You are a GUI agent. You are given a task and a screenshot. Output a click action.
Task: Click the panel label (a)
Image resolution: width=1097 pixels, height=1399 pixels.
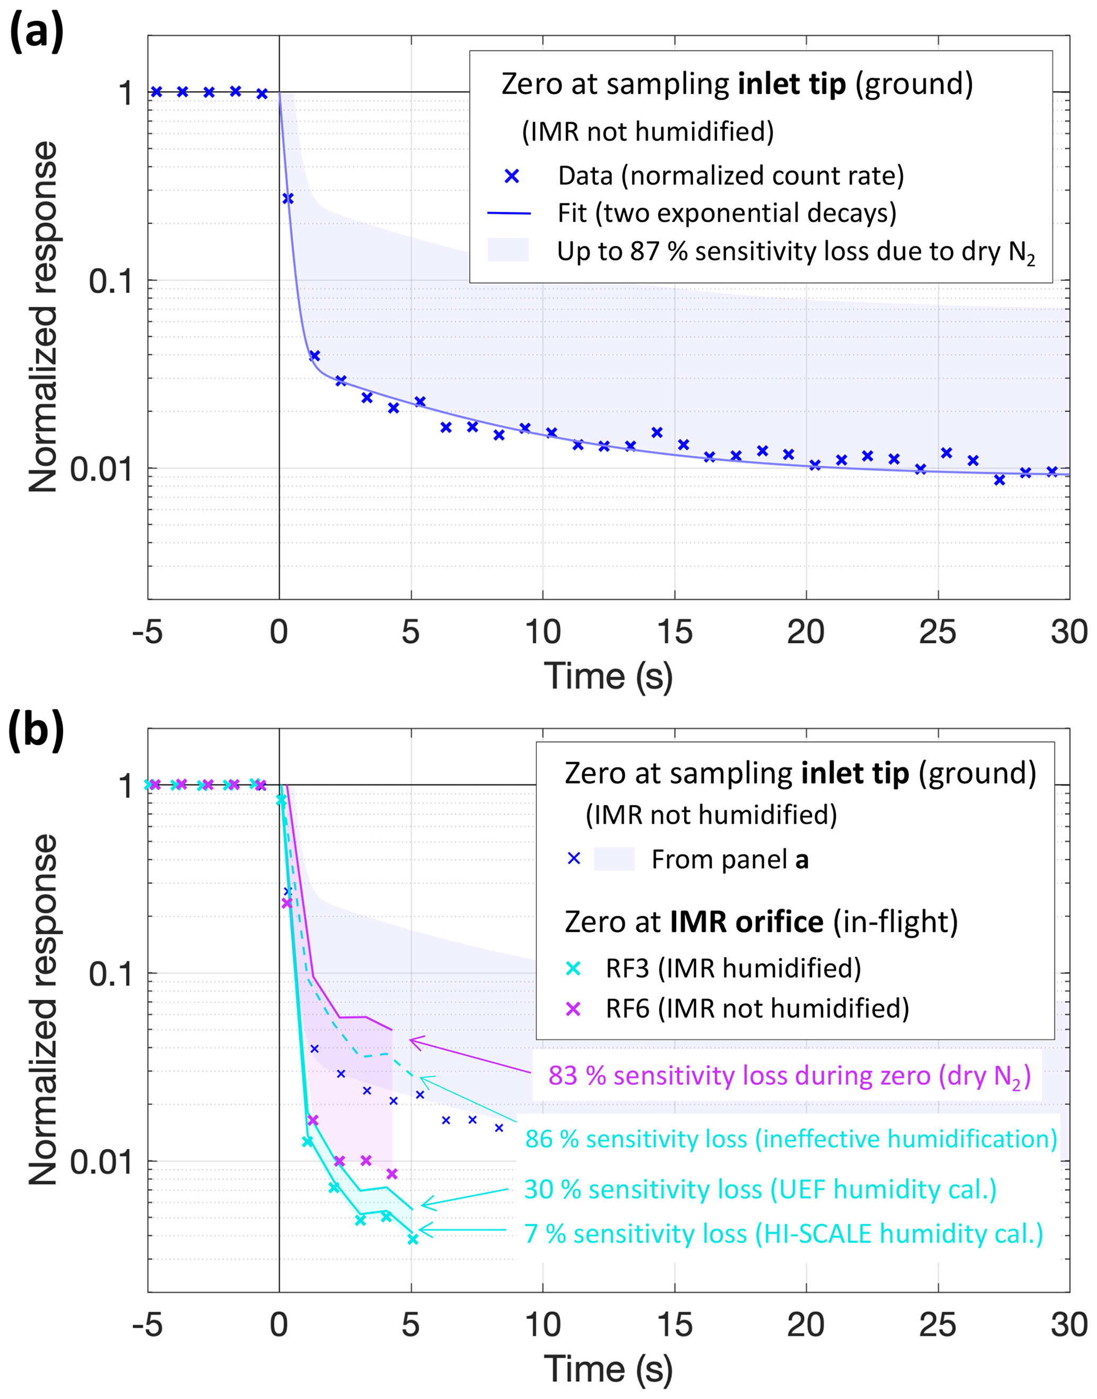(36, 32)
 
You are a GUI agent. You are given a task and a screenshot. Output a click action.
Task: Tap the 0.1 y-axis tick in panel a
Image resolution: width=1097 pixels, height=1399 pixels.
(110, 281)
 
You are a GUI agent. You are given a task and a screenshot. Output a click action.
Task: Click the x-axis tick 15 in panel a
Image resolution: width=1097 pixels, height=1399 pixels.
(675, 633)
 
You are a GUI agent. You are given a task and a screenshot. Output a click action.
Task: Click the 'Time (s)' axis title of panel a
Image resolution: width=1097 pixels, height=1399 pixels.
(608, 676)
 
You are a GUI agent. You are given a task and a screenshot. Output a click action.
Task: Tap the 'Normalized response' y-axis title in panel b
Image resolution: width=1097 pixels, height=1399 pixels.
(44, 1010)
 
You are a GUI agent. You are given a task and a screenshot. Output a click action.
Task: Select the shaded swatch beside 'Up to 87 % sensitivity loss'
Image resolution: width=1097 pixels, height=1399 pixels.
(508, 250)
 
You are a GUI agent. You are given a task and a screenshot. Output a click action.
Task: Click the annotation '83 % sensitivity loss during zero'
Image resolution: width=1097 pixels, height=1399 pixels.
(789, 1075)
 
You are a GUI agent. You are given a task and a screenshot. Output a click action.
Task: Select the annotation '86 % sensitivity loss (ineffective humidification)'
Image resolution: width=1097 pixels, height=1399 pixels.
(791, 1139)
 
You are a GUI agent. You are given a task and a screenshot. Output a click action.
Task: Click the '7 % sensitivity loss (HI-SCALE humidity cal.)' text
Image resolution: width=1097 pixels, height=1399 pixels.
(783, 1233)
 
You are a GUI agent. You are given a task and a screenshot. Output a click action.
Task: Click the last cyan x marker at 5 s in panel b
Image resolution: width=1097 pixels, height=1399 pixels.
(413, 1239)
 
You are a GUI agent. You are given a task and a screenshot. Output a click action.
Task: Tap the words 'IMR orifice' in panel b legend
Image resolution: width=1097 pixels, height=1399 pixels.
(746, 922)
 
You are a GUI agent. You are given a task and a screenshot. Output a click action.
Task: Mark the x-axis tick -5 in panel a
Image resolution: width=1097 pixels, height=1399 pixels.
(148, 633)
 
